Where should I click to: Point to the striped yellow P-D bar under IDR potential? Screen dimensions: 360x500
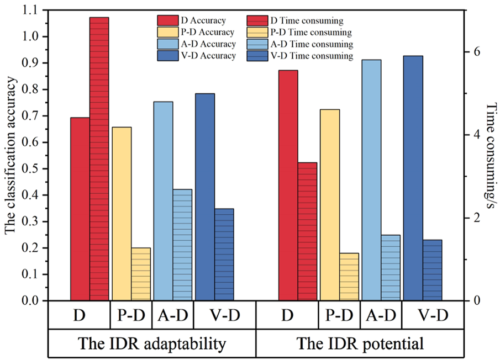coord(349,277)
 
